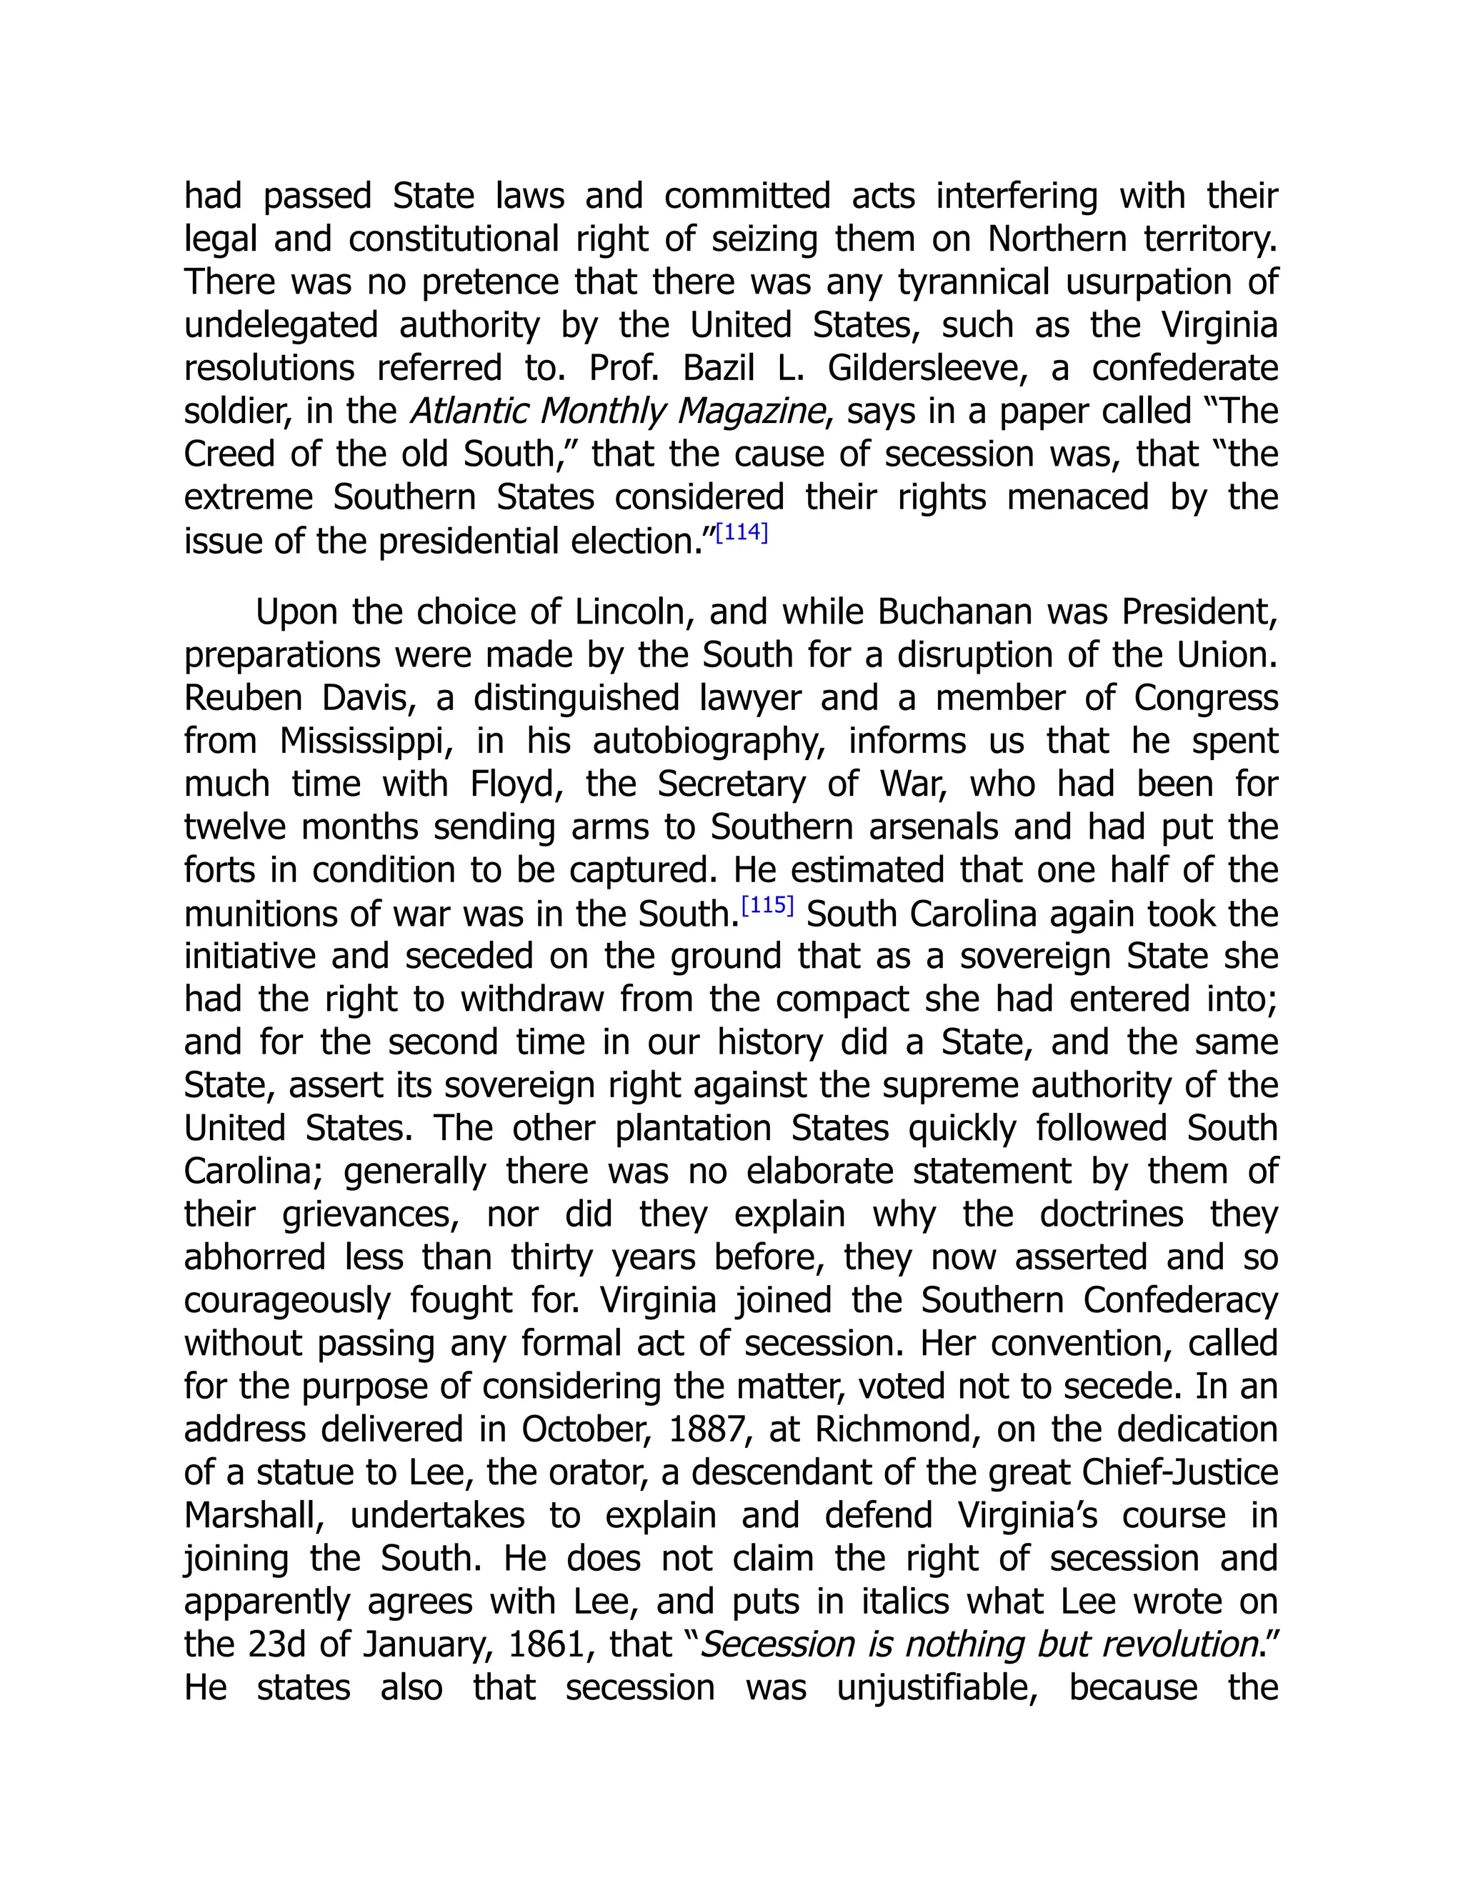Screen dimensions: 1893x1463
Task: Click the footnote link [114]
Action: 742,532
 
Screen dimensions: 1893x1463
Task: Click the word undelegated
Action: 281,326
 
